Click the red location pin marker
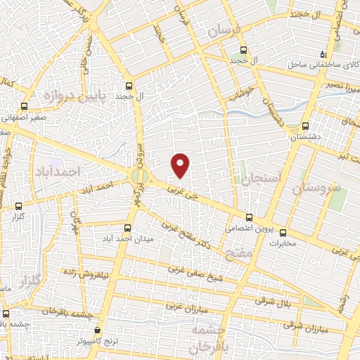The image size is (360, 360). click(x=181, y=164)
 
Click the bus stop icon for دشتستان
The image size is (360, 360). click(x=304, y=127)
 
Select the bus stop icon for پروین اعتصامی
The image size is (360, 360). click(x=248, y=217)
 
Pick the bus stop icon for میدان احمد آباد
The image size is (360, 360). click(x=127, y=228)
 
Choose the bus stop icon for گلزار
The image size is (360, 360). click(x=18, y=207)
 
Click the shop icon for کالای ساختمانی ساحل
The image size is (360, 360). click(x=323, y=53)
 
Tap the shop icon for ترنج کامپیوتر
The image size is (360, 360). click(x=97, y=329)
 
